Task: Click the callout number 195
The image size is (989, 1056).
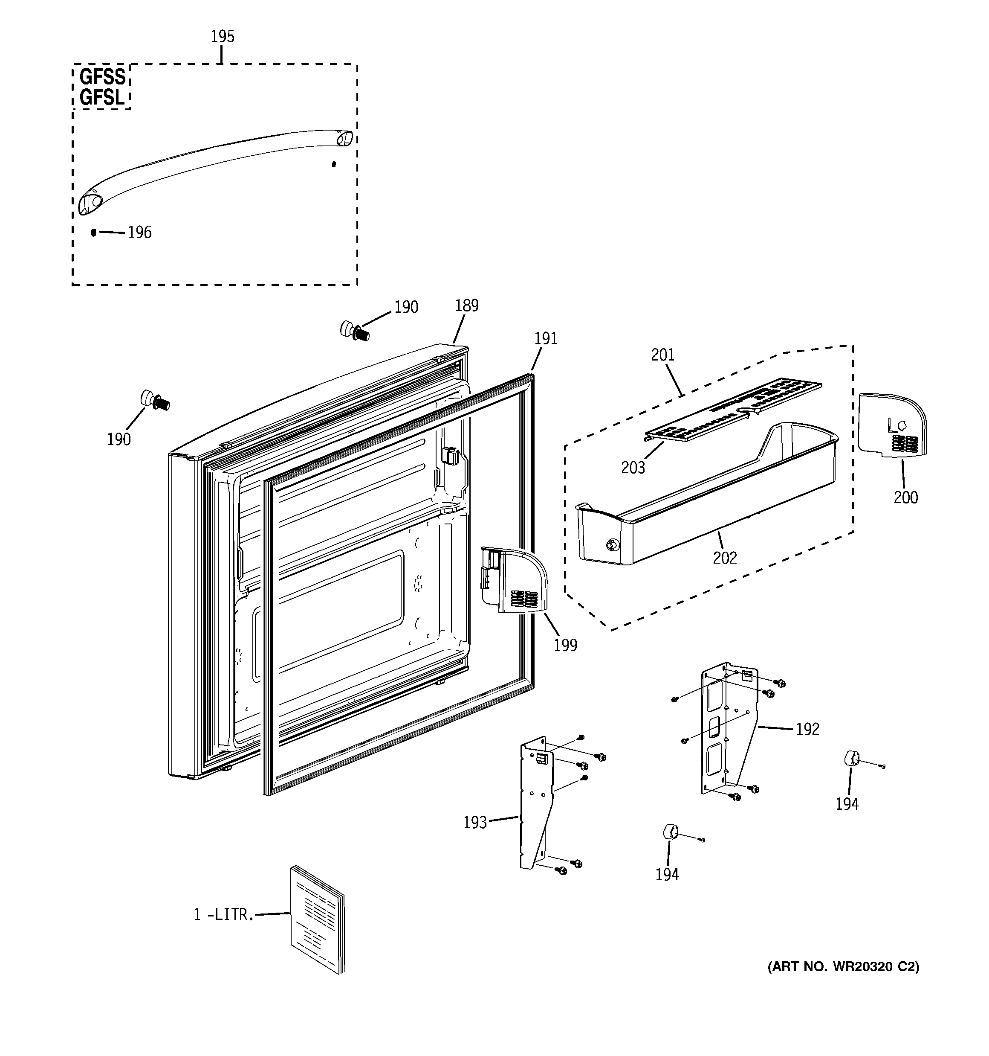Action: point(222,37)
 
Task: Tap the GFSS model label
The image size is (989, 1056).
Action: point(102,77)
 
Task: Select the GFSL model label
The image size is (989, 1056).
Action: point(102,98)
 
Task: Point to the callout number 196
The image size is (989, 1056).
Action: point(140,233)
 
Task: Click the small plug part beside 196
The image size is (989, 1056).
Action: point(94,232)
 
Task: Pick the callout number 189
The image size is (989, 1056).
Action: point(467,306)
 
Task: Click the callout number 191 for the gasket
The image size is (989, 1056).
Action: point(546,338)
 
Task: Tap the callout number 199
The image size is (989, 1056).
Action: point(565,645)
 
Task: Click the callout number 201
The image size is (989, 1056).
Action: point(662,355)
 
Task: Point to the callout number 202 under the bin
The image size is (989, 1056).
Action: point(725,558)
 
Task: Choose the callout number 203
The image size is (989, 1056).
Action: point(633,468)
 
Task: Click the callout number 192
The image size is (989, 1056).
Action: point(807,729)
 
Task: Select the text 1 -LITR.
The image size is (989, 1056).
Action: point(223,914)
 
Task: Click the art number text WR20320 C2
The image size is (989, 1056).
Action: point(844,967)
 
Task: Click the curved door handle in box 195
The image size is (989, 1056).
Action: point(212,165)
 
